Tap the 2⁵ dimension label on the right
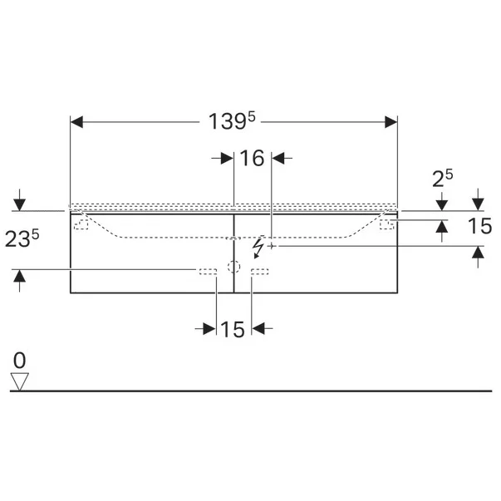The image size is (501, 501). pyautogui.click(x=443, y=177)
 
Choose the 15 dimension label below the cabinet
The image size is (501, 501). pyautogui.click(x=233, y=330)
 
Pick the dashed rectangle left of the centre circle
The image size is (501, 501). pyautogui.click(x=207, y=270)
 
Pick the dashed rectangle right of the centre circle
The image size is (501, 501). pyautogui.click(x=260, y=270)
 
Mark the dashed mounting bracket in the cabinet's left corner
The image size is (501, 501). pyautogui.click(x=82, y=223)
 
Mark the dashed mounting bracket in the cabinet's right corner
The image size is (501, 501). pyautogui.click(x=386, y=223)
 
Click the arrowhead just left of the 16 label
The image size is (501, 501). pyautogui.click(x=226, y=158)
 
